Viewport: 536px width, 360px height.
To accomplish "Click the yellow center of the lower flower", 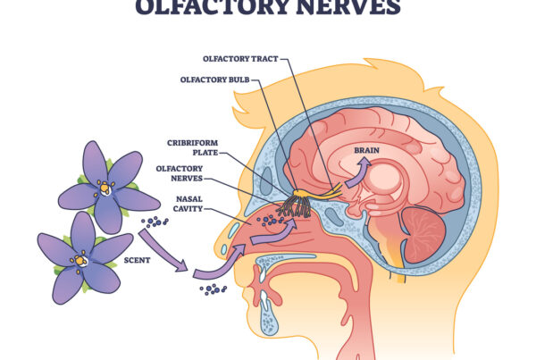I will click(x=81, y=260).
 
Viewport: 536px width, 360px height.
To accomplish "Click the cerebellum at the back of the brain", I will click(x=423, y=234).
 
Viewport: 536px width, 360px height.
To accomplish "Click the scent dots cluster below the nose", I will click(x=214, y=289).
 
